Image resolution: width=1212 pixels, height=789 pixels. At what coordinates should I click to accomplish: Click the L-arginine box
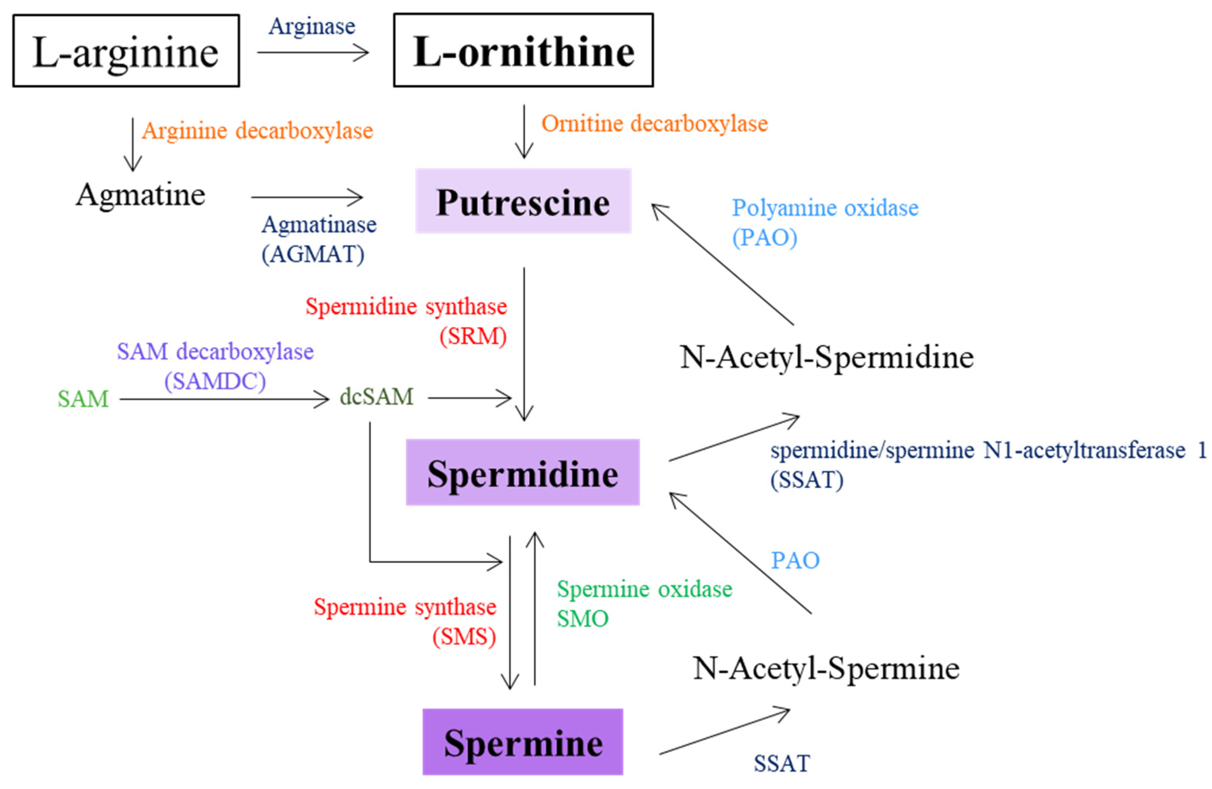point(126,51)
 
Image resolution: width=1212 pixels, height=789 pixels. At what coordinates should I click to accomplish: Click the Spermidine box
point(523,473)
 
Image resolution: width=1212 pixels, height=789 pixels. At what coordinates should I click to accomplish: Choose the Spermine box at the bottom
point(523,743)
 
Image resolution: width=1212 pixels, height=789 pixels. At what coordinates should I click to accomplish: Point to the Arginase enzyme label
point(312,26)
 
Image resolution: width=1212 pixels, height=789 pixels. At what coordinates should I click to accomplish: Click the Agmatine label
point(141,195)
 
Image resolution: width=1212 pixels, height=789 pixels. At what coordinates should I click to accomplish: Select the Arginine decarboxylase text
point(257,131)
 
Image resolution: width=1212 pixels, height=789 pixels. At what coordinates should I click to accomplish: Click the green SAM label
point(83,399)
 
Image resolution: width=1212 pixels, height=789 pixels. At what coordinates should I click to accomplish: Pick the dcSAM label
point(376,397)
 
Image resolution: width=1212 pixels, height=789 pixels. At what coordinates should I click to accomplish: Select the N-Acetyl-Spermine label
point(826,668)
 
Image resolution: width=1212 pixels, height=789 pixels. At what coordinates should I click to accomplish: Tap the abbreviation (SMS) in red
point(464,637)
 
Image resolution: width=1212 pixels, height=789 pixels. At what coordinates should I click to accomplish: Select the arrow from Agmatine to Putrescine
point(307,197)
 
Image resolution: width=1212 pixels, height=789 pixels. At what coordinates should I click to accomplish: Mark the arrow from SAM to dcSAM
point(224,399)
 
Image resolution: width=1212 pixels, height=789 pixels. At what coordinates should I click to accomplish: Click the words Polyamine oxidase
point(825,208)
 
